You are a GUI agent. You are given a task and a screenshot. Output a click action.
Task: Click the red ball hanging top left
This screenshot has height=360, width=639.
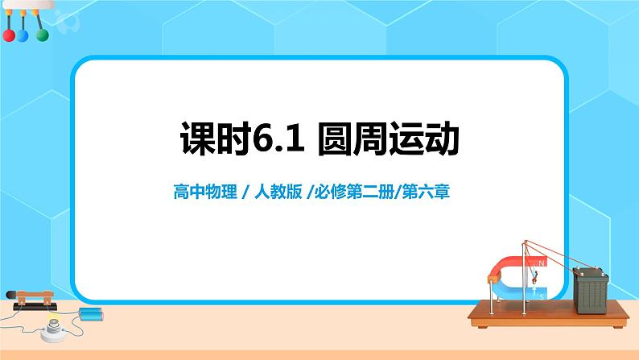(9, 36)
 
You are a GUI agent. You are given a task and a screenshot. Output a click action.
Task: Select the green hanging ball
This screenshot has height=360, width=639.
(41, 35)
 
